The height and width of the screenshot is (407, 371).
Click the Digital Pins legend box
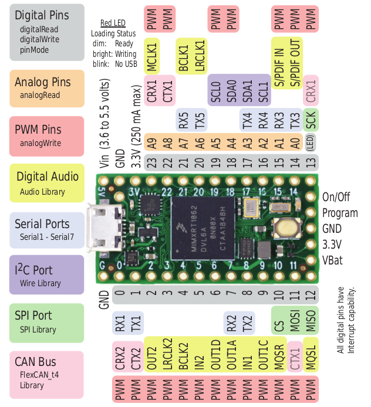coord(47,32)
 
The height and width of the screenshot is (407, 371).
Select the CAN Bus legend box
coord(47,374)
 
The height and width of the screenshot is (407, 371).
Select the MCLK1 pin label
coord(151,56)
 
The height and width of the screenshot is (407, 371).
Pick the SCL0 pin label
coord(215,89)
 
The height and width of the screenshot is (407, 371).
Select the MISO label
coord(311,321)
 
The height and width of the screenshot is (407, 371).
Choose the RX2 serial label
coord(231,322)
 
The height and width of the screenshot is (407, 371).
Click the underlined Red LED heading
coord(114,23)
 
